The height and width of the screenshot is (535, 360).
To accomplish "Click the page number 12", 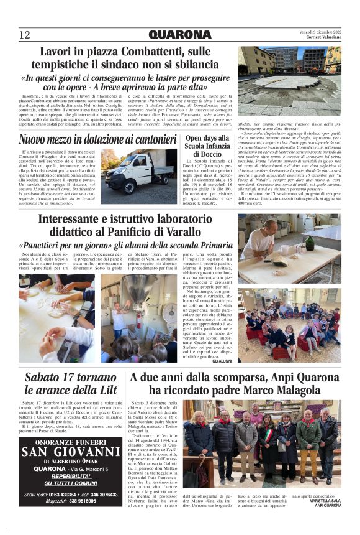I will point(25,35).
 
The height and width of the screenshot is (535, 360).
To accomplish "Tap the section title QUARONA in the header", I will point(179,35).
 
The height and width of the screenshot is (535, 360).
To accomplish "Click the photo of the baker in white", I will point(288,249).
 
